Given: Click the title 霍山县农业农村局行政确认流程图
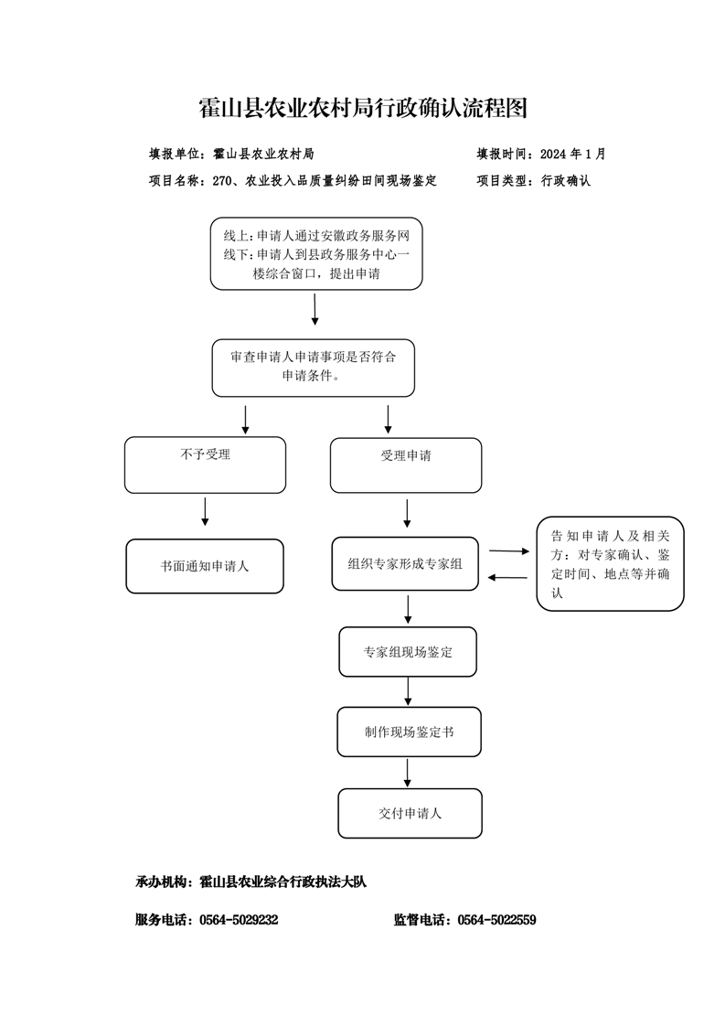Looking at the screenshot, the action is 363,108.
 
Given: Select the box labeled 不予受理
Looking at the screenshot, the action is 206,465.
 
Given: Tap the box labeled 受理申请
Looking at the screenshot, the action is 406,465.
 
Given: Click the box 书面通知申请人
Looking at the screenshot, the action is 205,566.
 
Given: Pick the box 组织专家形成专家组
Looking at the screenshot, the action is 405,563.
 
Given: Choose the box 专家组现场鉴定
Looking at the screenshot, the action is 408,652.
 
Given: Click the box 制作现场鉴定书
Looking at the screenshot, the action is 409,732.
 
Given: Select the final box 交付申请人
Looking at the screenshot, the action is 410,813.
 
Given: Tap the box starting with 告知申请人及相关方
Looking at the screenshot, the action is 610,563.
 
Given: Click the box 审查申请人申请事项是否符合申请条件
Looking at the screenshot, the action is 314,368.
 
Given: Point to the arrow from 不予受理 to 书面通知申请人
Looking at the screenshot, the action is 206,512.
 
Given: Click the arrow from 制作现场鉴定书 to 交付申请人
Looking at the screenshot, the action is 408,773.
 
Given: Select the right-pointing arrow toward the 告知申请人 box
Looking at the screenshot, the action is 509,551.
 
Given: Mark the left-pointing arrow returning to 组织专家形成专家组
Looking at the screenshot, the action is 507,577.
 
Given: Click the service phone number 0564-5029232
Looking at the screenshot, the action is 239,919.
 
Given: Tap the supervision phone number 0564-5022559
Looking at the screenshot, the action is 496,919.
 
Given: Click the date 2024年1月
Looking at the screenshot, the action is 573,154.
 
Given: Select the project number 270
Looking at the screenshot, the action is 222,180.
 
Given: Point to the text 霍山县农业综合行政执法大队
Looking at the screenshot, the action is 283,882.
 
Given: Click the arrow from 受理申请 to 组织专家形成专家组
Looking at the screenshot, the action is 407,514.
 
